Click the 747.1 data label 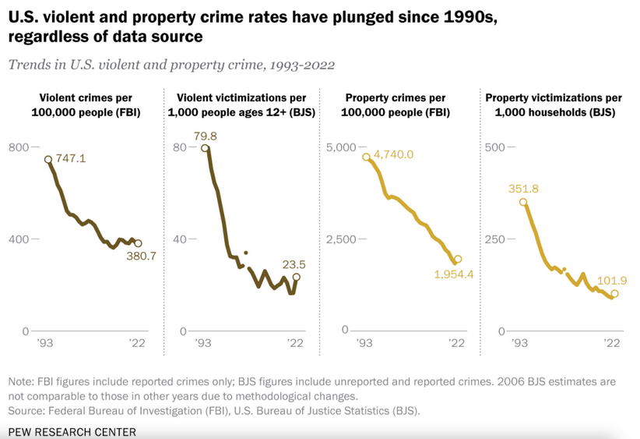(x=71, y=158)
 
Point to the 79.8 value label (x=205, y=136)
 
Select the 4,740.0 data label (x=394, y=155)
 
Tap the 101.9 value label (x=612, y=280)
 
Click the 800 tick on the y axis (x=18, y=147)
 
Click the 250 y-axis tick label (x=495, y=239)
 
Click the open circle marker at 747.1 (x=48, y=159)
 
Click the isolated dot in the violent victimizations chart (x=246, y=253)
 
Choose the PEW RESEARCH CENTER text (x=72, y=431)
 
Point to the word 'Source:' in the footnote (x=25, y=409)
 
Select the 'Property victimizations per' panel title (x=554, y=97)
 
